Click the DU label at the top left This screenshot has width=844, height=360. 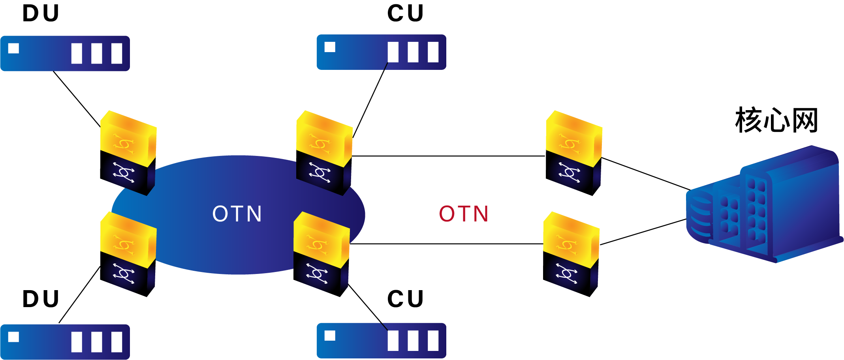(41, 13)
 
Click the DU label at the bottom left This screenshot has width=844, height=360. (41, 299)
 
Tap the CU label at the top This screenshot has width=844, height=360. (405, 13)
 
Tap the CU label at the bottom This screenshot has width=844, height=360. (405, 299)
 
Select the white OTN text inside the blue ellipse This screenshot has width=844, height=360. (237, 214)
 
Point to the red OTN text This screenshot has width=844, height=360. (464, 214)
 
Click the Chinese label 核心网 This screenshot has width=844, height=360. (776, 120)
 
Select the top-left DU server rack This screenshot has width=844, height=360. (65, 53)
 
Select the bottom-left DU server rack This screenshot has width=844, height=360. (65, 342)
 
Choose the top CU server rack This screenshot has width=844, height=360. (382, 52)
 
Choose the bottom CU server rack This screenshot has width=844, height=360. (382, 341)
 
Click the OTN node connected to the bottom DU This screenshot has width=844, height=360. (128, 254)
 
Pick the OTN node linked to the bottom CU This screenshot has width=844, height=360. (321, 254)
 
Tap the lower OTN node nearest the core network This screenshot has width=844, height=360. (571, 254)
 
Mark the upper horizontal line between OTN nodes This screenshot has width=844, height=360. (448, 156)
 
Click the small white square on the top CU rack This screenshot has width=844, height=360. (330, 47)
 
